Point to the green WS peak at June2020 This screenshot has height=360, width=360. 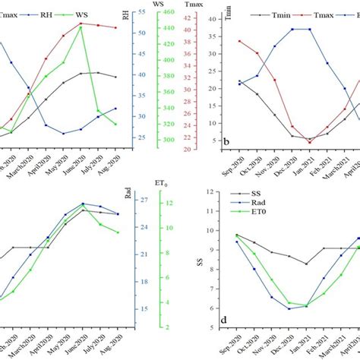(x=81, y=26)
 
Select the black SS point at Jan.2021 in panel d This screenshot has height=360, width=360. (x=307, y=264)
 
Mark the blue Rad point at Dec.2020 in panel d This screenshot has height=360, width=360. (x=289, y=308)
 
